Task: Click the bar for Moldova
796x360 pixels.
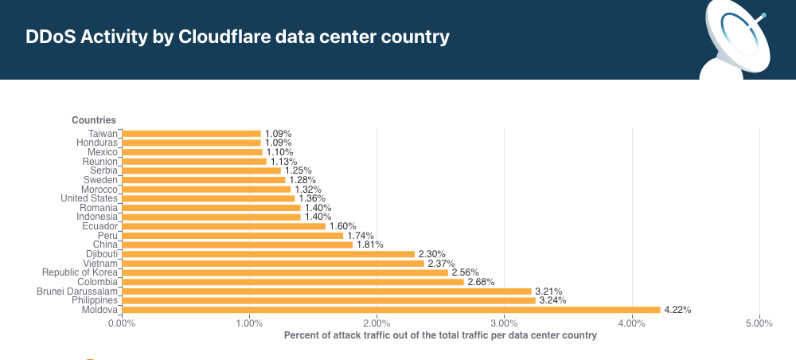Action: point(391,310)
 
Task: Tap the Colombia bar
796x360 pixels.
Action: point(292,282)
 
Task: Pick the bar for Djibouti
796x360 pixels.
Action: point(268,254)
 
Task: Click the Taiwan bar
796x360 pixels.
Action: point(191,134)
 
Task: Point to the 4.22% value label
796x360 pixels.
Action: point(678,310)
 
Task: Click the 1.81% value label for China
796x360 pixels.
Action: point(370,245)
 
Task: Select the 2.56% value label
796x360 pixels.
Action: point(466,272)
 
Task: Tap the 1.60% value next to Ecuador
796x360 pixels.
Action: point(343,226)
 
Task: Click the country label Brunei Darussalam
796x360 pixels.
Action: point(77,292)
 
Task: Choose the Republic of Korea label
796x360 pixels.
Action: point(80,272)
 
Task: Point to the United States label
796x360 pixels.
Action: point(89,198)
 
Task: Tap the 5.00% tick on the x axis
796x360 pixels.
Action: point(759,323)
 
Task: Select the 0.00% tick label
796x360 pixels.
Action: point(122,323)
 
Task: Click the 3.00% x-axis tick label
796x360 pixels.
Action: point(504,323)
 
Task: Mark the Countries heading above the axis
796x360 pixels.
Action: point(94,120)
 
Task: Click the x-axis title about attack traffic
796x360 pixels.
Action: point(440,335)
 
